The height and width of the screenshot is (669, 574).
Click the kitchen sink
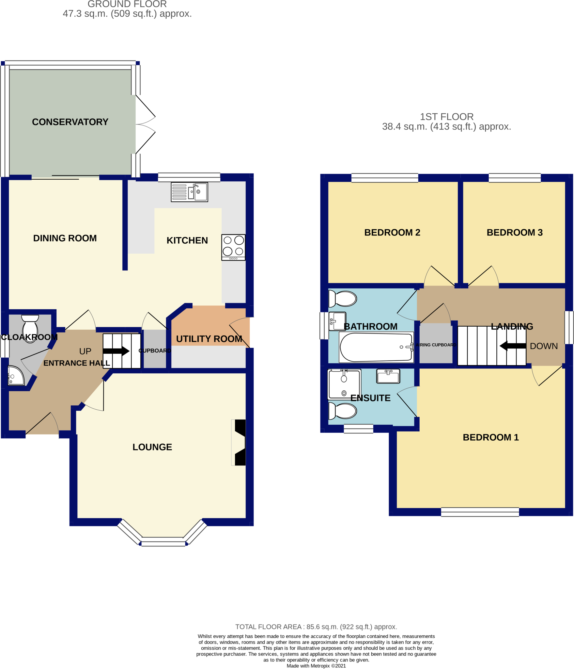point(189,192)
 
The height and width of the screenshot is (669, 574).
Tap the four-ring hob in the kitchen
point(233,247)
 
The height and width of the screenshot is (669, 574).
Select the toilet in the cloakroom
point(30,328)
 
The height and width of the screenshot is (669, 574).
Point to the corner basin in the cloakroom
point(15,376)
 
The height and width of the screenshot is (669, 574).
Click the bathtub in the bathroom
point(376,347)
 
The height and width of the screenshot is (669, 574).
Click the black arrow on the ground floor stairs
point(116,351)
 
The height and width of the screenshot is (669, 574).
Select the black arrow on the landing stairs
point(513,346)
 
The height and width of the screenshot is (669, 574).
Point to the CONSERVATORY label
point(70,122)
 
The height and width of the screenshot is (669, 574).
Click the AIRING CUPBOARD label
point(436,345)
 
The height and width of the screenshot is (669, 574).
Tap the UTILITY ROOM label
point(209,339)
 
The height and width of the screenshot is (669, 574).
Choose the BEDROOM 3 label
point(515,232)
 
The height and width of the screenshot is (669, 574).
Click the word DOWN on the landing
point(544,346)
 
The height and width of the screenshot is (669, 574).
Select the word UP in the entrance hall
point(85,351)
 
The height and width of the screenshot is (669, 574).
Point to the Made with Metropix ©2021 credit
point(316,666)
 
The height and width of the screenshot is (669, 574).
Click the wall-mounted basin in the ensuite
point(388,376)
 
